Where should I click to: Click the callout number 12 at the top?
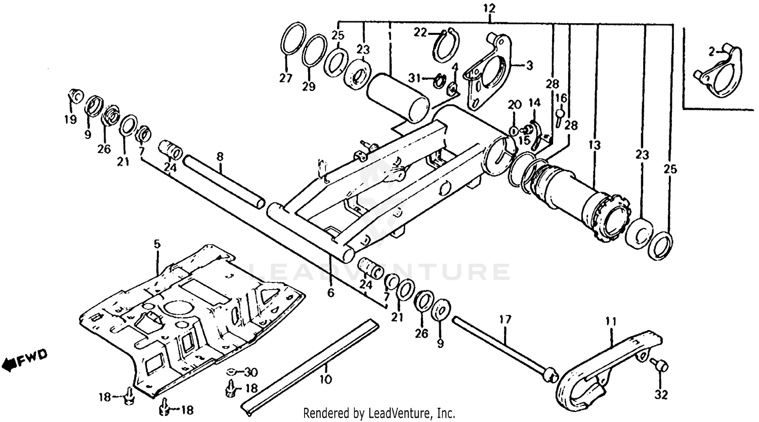click(489, 8)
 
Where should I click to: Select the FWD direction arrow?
click(25, 360)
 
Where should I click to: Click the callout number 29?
click(309, 86)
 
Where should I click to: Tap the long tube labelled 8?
click(224, 181)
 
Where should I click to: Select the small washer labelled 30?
click(231, 373)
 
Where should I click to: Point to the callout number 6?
click(331, 292)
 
